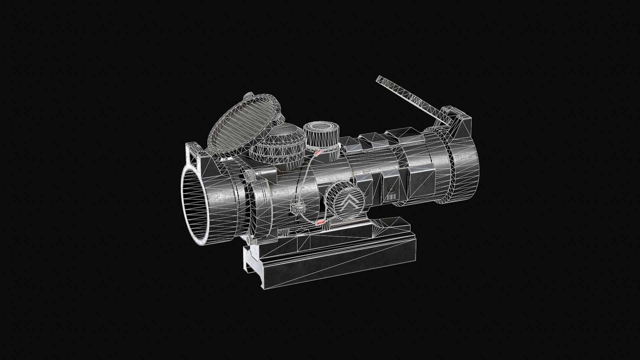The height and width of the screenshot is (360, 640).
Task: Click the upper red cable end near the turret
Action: coord(318,153)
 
